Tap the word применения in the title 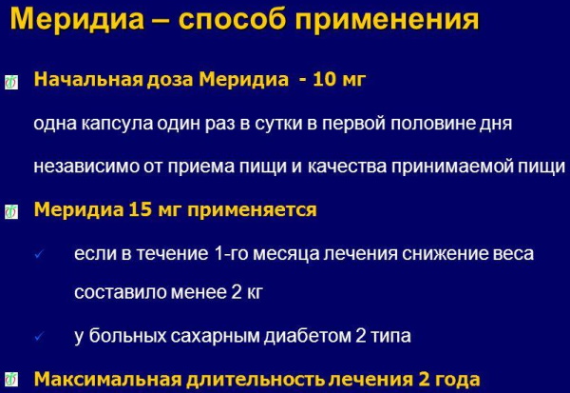387,20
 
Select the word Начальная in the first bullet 88,80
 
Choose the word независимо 86,167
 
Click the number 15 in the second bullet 140,209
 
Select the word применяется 252,210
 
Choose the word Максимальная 107,379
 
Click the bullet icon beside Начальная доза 10,83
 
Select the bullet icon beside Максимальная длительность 10,380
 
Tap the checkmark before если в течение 39,254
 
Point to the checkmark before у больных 39,337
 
